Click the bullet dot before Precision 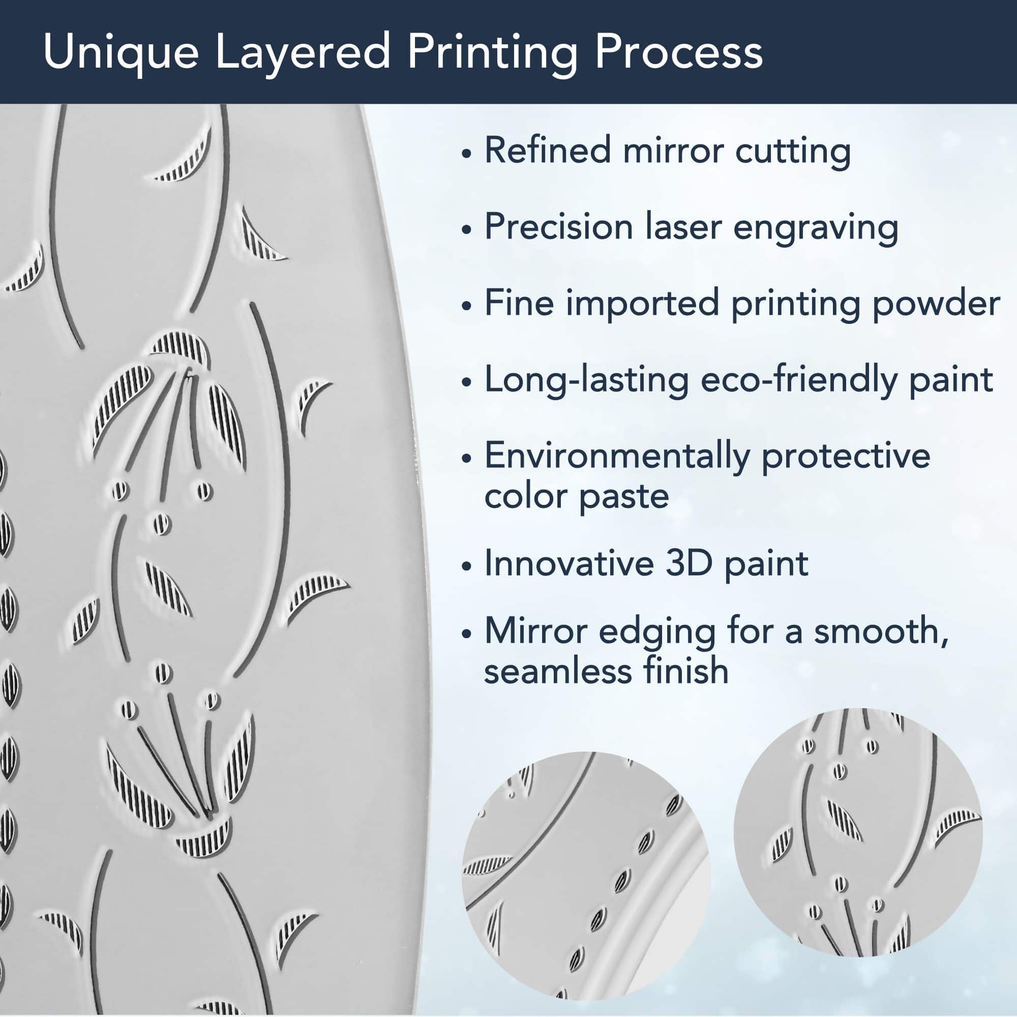[465, 229]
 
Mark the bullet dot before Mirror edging [465, 634]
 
